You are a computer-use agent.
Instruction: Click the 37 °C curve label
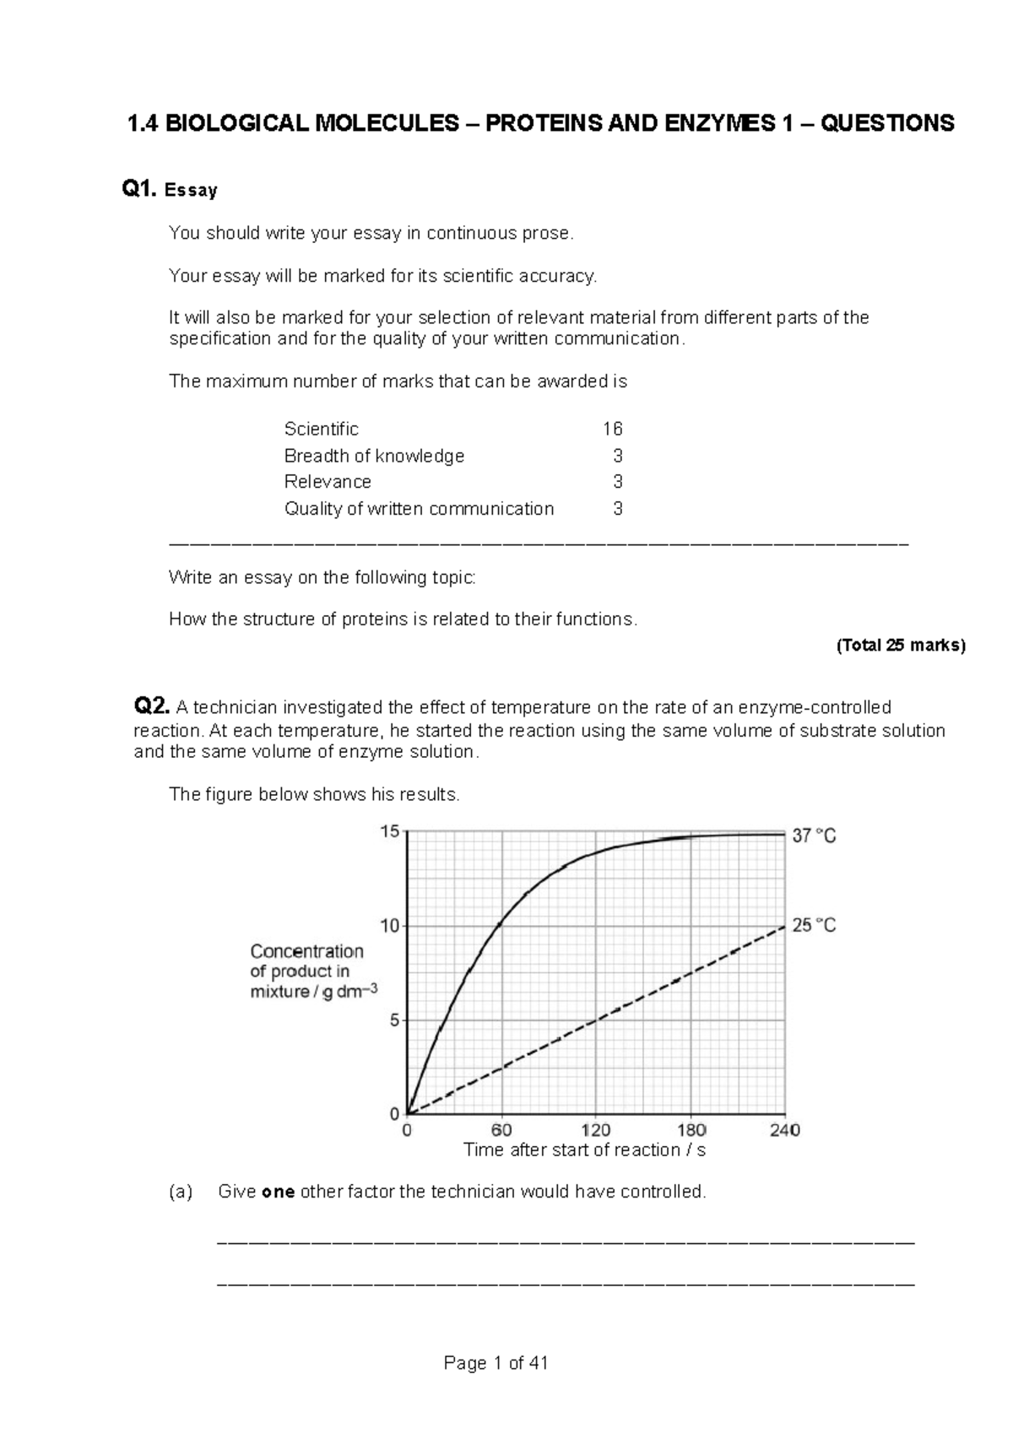(813, 836)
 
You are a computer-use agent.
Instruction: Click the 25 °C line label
(813, 926)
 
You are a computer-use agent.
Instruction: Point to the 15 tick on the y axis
(389, 832)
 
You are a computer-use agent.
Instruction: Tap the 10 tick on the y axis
(389, 926)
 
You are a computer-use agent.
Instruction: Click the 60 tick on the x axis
(501, 1130)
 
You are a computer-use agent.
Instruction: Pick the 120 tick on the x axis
(596, 1130)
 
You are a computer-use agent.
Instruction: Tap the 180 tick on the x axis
(691, 1130)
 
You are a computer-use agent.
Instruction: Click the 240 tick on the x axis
(784, 1130)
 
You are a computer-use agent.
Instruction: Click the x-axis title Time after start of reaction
(584, 1150)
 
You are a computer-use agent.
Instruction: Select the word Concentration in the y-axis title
(306, 951)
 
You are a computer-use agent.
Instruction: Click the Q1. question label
(139, 190)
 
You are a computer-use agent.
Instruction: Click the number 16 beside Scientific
(612, 429)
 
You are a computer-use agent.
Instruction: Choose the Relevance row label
(328, 482)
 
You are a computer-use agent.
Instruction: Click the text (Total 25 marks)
(900, 646)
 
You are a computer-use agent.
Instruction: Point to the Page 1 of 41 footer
(496, 1363)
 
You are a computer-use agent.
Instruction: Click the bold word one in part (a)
(278, 1192)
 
